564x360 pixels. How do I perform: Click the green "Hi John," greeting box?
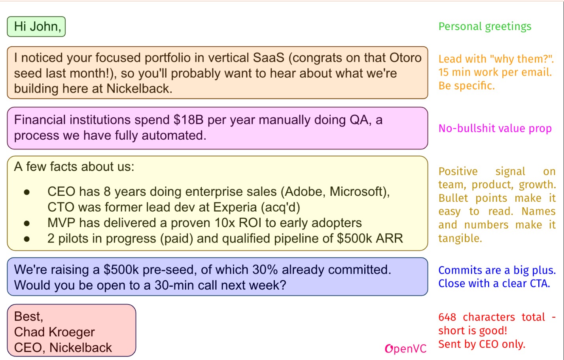(x=36, y=27)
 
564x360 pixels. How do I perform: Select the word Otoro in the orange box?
(x=405, y=58)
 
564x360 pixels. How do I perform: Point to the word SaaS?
(x=269, y=58)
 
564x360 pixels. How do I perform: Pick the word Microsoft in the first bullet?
(x=358, y=191)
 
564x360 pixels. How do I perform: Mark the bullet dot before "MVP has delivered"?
(x=27, y=224)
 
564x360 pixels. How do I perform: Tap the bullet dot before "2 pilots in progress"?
(x=27, y=239)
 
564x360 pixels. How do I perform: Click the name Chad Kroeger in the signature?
(x=55, y=332)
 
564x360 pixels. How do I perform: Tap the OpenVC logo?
(x=406, y=349)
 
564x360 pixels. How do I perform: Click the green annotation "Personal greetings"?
(x=485, y=27)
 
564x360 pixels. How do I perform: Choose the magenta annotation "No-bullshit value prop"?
(x=495, y=129)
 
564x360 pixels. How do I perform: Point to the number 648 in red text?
(x=447, y=317)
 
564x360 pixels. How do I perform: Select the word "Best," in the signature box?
(x=28, y=316)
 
